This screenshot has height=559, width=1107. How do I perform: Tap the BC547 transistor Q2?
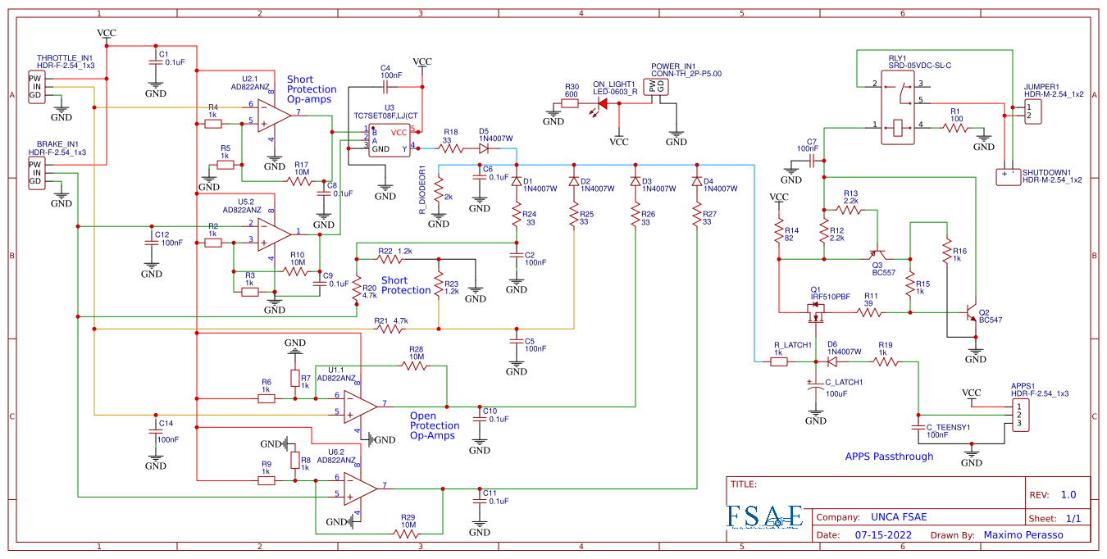[971, 312]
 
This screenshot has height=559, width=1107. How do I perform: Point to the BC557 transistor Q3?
[878, 256]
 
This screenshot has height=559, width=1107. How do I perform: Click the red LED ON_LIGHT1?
[604, 103]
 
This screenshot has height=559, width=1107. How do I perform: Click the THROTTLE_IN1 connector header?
[35, 86]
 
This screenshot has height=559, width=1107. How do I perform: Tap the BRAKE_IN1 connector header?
[35, 173]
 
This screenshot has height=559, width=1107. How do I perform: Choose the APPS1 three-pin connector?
[1019, 415]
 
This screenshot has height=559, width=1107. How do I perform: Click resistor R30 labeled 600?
[571, 103]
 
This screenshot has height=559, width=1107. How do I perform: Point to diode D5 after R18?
[484, 148]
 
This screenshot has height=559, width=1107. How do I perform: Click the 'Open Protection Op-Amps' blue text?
[435, 425]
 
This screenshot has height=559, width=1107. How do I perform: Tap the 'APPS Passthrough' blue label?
[889, 457]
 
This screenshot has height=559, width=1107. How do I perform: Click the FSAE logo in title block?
[764, 516]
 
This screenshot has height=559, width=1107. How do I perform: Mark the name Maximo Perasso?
[1023, 534]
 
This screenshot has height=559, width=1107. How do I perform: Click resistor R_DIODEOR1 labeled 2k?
[439, 198]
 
